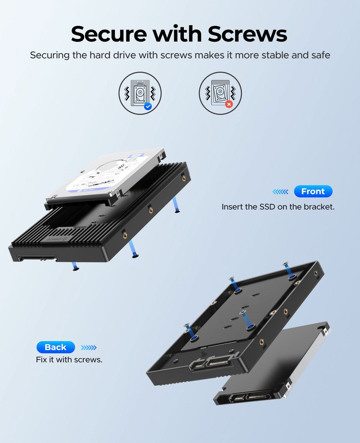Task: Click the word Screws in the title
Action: (x=247, y=34)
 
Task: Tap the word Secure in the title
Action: (x=109, y=34)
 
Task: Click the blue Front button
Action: (x=313, y=191)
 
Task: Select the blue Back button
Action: (x=56, y=347)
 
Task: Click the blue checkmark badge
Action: (x=148, y=106)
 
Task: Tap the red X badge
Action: (x=229, y=104)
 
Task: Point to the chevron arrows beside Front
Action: (x=280, y=192)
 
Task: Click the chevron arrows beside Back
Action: (x=89, y=347)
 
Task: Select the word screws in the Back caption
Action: (x=88, y=360)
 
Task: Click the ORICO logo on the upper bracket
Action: (x=57, y=239)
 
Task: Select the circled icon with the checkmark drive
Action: (x=140, y=93)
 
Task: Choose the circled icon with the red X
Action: (x=220, y=93)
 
